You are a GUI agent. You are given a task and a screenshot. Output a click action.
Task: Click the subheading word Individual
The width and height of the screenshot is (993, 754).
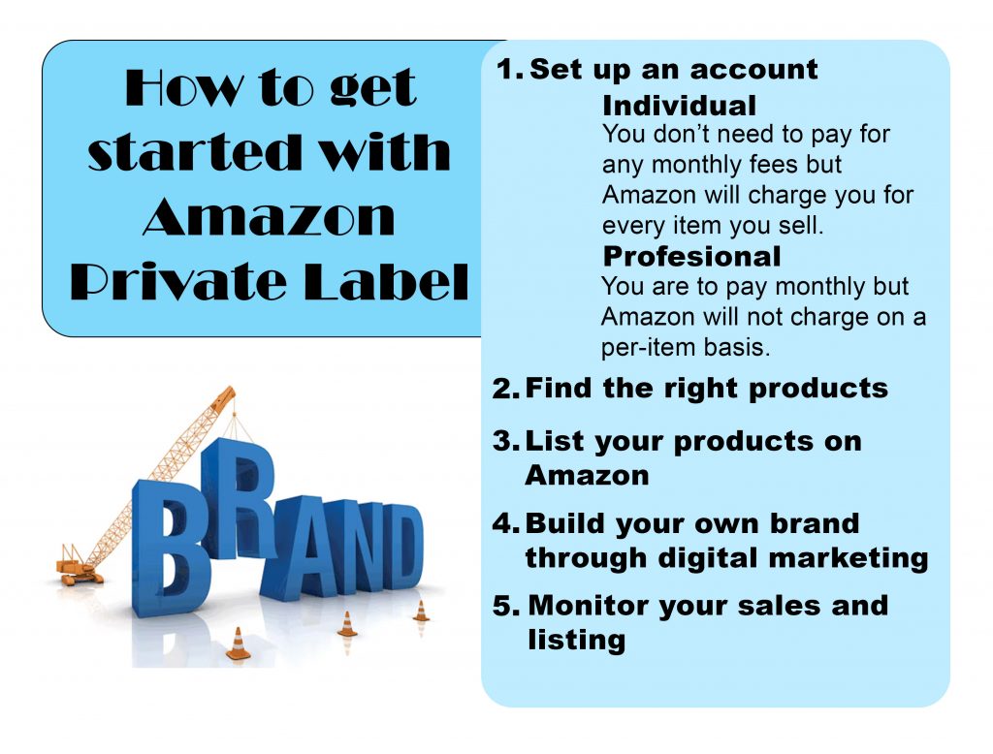pos(679,105)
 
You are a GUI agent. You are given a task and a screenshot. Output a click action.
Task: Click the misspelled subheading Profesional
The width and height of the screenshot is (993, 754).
pos(691,257)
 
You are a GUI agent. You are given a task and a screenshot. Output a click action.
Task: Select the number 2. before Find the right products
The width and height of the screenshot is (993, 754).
pos(505,390)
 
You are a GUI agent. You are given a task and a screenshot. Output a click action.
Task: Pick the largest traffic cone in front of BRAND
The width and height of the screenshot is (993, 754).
pos(239,644)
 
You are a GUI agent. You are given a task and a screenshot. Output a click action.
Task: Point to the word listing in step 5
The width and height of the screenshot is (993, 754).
pos(576,641)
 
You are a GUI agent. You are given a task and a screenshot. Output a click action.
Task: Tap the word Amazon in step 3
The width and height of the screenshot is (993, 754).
pos(586,476)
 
